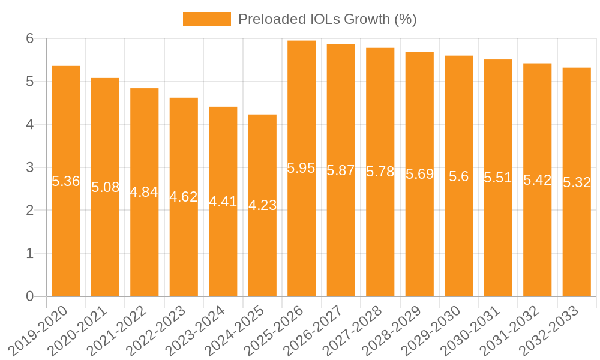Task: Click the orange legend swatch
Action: click(206, 19)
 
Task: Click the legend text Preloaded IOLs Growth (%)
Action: click(327, 19)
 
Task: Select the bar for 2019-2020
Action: click(66, 240)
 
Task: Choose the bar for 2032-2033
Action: click(577, 240)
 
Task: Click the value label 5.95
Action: click(301, 168)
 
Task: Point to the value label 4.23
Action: click(262, 205)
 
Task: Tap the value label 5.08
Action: click(105, 187)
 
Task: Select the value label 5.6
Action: click(458, 176)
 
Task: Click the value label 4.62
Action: click(184, 197)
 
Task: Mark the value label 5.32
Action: click(577, 182)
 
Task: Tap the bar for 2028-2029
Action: click(419, 240)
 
